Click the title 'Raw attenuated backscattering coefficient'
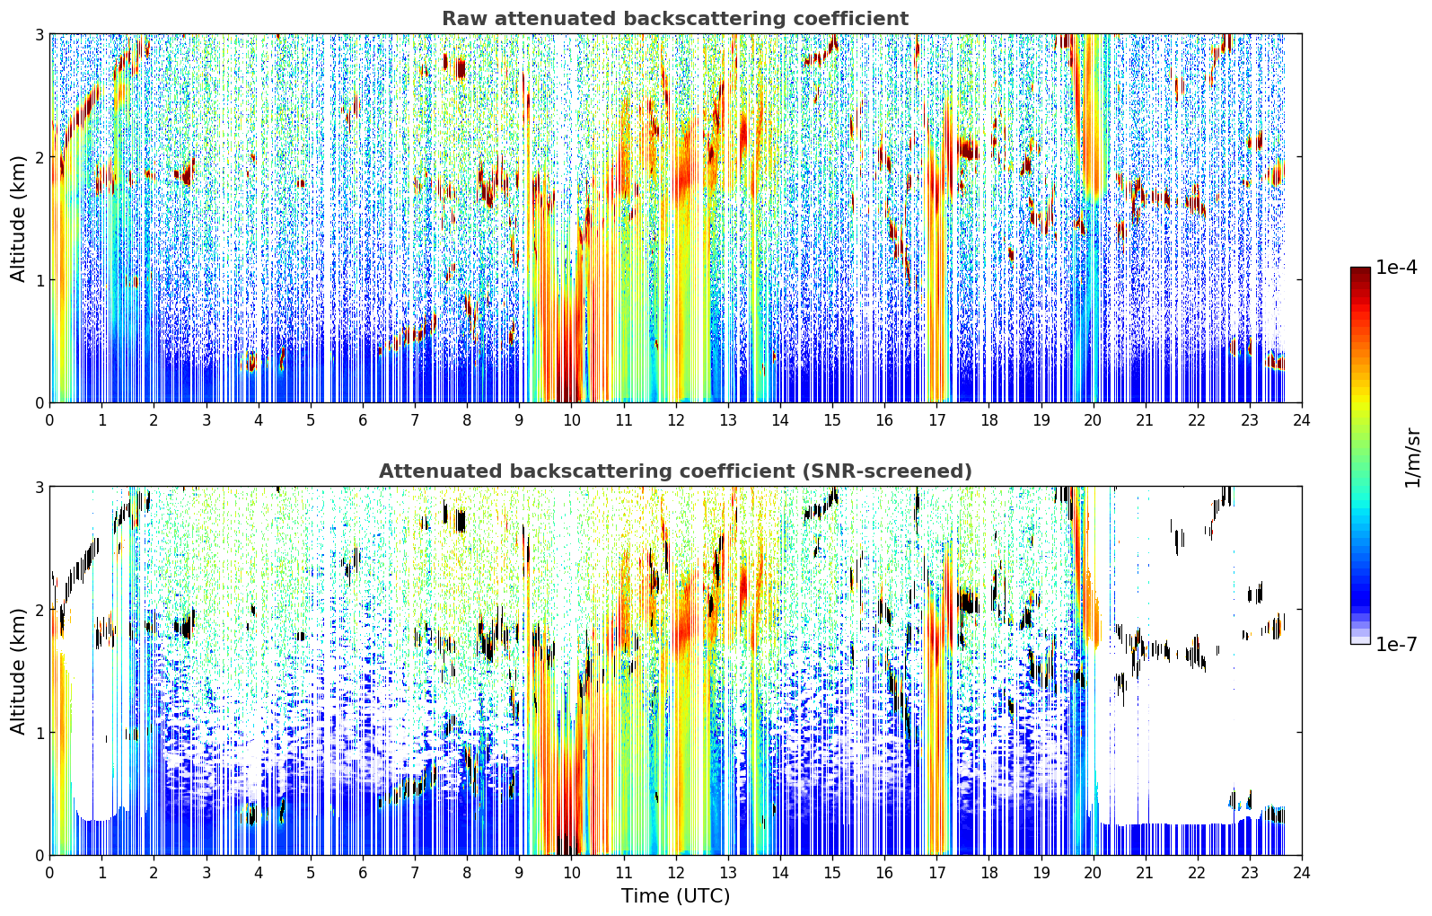(675, 19)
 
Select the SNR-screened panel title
(675, 471)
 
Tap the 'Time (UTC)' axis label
(675, 895)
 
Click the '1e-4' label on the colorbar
(1396, 268)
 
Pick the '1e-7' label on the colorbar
(1396, 644)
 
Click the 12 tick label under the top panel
(676, 420)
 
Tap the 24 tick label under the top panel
(1302, 420)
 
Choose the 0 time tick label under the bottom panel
(50, 873)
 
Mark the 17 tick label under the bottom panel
(936, 873)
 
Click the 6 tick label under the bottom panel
(363, 873)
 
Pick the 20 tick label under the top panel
(1094, 420)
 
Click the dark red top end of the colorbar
(1360, 270)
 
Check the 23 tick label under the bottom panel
(1249, 873)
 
